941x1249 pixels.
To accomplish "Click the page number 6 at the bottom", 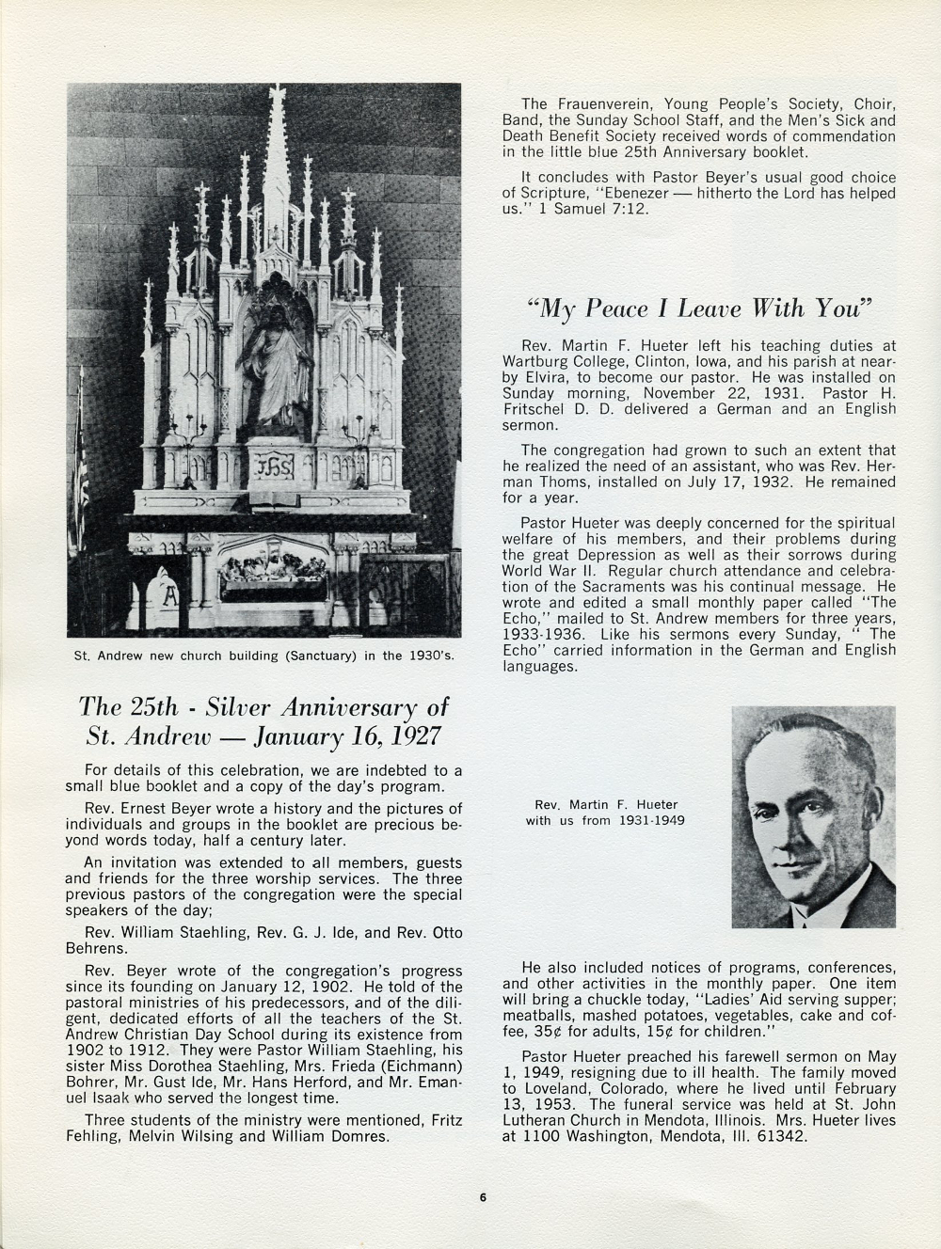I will pos(482,1198).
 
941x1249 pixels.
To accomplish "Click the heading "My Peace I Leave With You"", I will pos(700,308).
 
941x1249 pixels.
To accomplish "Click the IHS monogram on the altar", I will pos(270,466).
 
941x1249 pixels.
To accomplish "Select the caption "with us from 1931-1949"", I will pos(605,820).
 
